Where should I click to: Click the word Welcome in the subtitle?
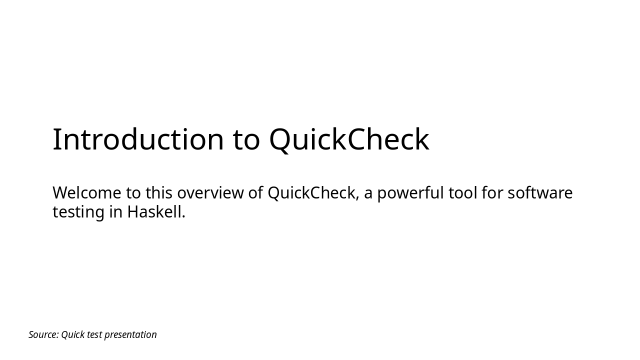[x=86, y=193]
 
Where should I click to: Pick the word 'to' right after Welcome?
[x=133, y=193]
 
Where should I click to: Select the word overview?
[x=210, y=193]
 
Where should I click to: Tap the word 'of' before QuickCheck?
[x=255, y=193]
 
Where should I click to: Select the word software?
[x=540, y=193]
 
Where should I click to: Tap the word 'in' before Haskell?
[x=116, y=212]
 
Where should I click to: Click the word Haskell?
[x=156, y=212]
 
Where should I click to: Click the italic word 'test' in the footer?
[x=94, y=334]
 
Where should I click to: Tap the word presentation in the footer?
[x=130, y=334]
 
